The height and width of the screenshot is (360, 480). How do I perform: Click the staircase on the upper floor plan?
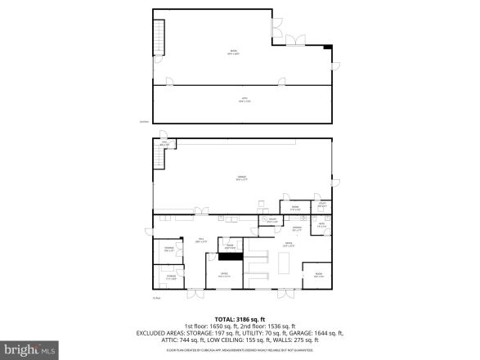[x=159, y=35]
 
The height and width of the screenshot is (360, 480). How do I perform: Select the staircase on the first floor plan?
[x=159, y=159]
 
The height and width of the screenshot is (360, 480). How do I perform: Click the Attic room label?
[x=243, y=100]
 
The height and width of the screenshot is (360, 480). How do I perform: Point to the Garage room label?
[x=242, y=178]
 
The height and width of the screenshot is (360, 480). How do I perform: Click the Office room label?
[x=224, y=275]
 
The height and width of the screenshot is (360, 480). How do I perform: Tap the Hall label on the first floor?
[x=199, y=240]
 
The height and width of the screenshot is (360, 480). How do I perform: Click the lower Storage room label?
[x=170, y=277]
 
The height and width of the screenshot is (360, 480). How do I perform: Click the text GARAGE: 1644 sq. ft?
[x=318, y=333]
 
